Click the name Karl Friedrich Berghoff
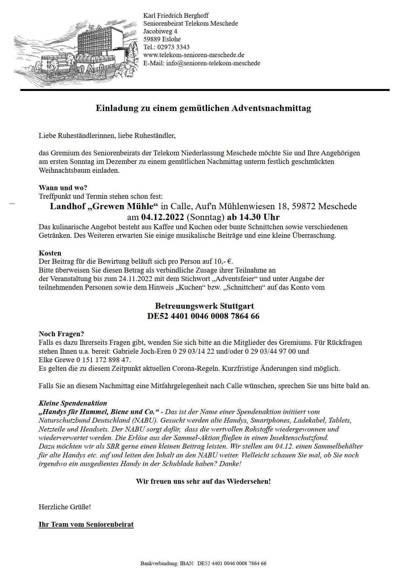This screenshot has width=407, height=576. tap(176, 15)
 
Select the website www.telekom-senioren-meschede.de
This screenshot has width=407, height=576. tap(194, 55)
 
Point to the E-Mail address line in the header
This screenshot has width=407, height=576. tap(202, 63)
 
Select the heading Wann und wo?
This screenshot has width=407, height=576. tap(63, 188)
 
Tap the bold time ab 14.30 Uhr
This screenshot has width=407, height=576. tap(253, 217)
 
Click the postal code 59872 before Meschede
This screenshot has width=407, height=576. tap(301, 206)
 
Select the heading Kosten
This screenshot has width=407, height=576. tap(50, 253)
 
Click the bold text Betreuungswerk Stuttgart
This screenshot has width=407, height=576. tap(204, 306)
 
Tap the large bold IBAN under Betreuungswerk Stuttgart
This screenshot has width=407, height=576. tap(203, 316)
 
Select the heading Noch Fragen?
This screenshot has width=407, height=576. tap(61, 334)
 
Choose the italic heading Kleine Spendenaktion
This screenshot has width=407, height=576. tap(73, 403)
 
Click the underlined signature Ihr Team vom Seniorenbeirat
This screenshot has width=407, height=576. tap(86, 524)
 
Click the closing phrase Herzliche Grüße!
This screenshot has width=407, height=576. tap(65, 507)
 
